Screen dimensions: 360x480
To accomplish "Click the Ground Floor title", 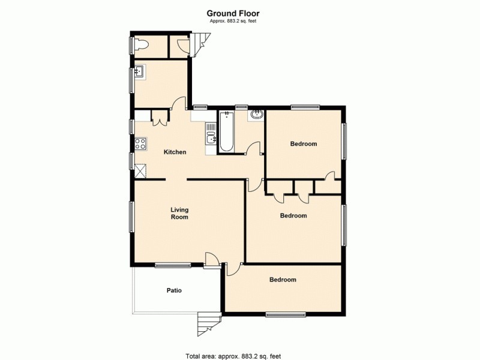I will click(x=233, y=13).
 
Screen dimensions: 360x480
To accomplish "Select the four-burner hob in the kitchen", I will click(x=140, y=143).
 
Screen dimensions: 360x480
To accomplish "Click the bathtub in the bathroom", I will click(x=227, y=131).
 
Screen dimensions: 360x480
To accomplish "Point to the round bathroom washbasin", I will click(x=256, y=115).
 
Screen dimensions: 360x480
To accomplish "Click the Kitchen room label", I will click(x=175, y=152).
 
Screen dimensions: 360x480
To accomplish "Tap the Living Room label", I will click(x=179, y=213).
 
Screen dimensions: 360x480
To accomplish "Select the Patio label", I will click(x=174, y=290).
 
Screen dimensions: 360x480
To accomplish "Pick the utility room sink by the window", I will click(x=139, y=73).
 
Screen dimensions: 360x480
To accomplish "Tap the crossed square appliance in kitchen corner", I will click(x=140, y=171).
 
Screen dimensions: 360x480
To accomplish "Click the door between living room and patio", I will click(x=211, y=259).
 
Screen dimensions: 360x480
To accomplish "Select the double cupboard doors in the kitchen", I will click(x=160, y=119).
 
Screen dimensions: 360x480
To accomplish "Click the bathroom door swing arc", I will click(x=254, y=147).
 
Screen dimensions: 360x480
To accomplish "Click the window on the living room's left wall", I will click(x=132, y=216).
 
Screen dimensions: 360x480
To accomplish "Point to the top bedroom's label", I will click(x=303, y=144).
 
